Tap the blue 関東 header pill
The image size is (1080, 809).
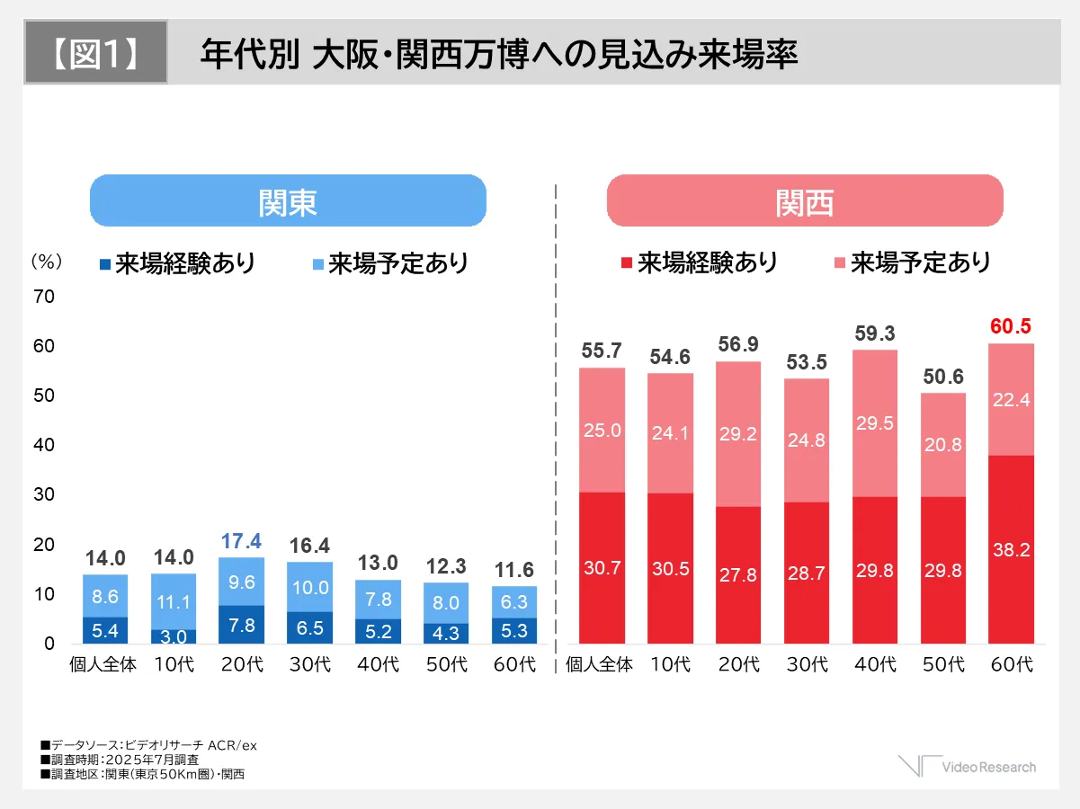[x=288, y=201]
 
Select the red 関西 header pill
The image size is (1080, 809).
[x=805, y=201]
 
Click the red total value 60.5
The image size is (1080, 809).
[x=1010, y=326]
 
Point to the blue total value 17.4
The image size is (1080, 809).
[x=241, y=541]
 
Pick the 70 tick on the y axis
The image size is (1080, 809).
[x=44, y=297]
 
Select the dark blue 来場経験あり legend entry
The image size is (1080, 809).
[x=177, y=263]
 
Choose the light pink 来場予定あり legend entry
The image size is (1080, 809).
[x=913, y=262]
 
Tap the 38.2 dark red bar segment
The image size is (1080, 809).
[x=1011, y=550]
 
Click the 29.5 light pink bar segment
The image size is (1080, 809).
[x=875, y=423]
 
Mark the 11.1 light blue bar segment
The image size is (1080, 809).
[x=174, y=601]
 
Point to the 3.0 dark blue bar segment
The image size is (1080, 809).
[x=174, y=636]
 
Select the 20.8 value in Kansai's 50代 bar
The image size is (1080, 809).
[x=942, y=444]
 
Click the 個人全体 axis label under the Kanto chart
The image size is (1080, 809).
[x=103, y=666]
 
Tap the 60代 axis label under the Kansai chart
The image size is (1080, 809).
[x=1011, y=666]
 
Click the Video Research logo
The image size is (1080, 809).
[x=967, y=767]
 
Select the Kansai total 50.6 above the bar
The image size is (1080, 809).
[x=942, y=376]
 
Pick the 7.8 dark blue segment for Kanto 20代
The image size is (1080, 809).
[x=241, y=625]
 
